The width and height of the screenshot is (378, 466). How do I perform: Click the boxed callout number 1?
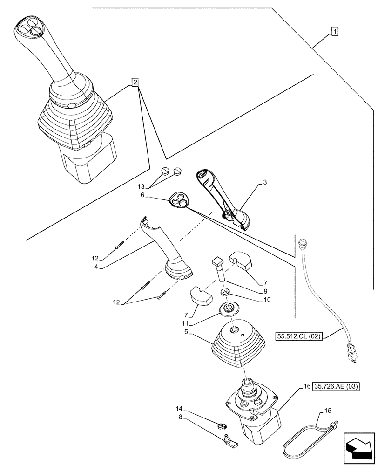(x=335, y=31)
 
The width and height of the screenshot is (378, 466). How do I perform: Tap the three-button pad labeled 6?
(x=180, y=200)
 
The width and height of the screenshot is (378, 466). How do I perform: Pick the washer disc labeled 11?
(x=229, y=308)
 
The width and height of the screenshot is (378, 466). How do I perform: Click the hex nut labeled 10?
(x=225, y=293)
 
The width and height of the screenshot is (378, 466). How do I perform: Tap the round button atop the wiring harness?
(x=303, y=242)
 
